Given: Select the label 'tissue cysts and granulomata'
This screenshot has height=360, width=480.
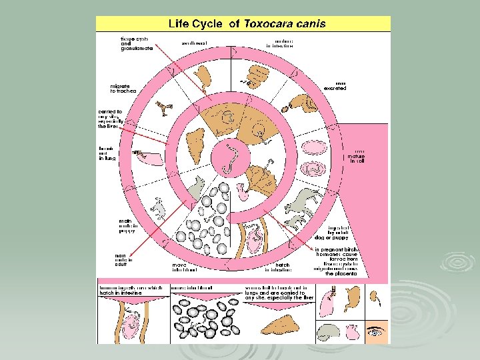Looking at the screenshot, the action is [136, 44].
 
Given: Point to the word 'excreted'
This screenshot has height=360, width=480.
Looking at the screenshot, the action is [335, 88].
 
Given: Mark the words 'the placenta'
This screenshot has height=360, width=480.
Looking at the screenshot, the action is [341, 273].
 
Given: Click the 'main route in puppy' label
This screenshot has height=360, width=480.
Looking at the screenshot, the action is [126, 226].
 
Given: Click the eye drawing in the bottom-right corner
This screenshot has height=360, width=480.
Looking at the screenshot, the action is [377, 329].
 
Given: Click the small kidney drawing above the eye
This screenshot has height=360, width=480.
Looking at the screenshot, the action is [376, 297].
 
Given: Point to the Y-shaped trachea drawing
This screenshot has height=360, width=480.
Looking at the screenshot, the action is [165, 105].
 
